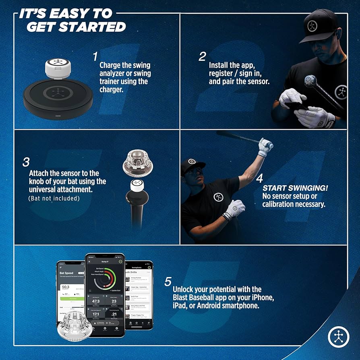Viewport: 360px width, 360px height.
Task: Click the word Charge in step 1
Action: [x=109, y=65]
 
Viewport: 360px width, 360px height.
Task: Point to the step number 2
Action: [x=202, y=56]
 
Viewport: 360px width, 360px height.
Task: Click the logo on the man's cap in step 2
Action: [x=313, y=26]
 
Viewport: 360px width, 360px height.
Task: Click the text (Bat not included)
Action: [x=54, y=198]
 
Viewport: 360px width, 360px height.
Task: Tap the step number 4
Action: [x=260, y=178]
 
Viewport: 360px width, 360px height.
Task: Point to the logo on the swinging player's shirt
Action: [x=219, y=197]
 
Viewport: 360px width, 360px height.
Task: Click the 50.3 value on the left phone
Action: [x=66, y=287]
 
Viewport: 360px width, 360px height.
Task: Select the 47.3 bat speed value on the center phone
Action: [x=96, y=301]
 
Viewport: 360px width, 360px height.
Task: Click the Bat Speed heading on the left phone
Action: [x=67, y=273]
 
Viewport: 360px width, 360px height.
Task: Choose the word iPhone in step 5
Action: [x=261, y=298]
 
